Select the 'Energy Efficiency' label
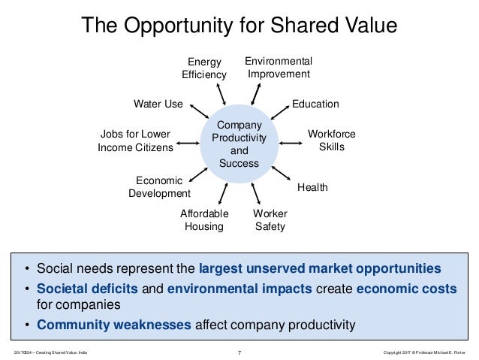point(203,68)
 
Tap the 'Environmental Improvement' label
point(279,67)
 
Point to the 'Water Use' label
point(158,104)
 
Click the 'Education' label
point(315,104)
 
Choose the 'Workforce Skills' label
point(331,141)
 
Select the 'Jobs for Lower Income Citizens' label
point(135,141)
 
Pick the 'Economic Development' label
point(159,186)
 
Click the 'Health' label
point(312,186)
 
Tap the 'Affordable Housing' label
point(204,220)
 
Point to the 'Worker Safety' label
point(270,220)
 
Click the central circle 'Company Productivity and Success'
point(239,143)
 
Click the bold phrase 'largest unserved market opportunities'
point(321,268)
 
